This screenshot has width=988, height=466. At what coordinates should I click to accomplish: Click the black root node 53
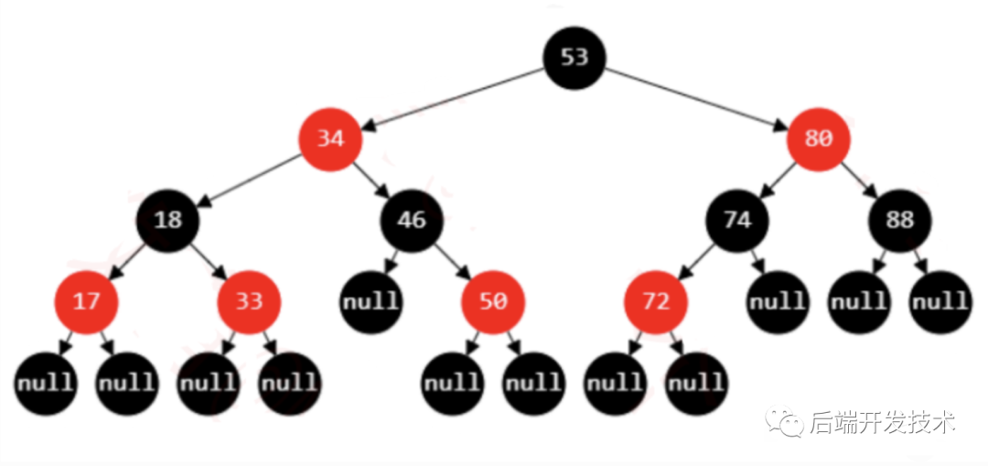tap(575, 58)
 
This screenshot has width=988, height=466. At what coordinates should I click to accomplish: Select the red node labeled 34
tap(329, 139)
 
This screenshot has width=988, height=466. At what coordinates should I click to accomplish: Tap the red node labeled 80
tap(819, 139)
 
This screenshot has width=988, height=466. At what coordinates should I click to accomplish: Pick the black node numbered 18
tap(167, 220)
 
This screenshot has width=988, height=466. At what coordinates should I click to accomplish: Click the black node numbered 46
tap(412, 220)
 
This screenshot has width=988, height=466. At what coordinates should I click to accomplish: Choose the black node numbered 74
tap(736, 220)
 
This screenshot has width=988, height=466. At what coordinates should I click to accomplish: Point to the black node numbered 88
tap(900, 220)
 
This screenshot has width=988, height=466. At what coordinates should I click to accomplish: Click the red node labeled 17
tap(85, 301)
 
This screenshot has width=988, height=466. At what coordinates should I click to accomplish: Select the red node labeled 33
tap(249, 301)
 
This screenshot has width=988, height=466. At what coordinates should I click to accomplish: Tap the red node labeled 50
tap(493, 301)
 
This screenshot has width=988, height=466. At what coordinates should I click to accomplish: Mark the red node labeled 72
tap(656, 301)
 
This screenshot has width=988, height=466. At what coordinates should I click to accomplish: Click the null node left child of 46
tap(371, 301)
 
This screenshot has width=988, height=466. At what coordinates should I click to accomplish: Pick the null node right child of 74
tap(778, 301)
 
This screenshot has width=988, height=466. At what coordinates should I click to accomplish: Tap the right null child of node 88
tap(940, 301)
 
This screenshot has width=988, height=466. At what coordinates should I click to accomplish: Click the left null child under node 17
tap(44, 382)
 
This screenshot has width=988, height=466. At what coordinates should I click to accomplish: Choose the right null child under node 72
tap(696, 382)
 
